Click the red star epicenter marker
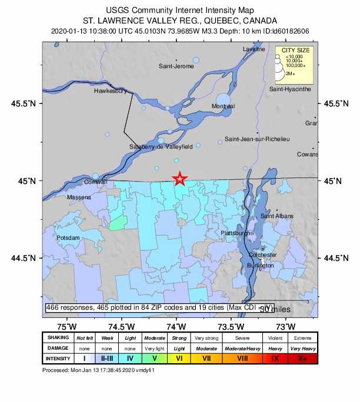[180, 179]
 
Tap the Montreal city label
[223, 106]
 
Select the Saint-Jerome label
[176, 66]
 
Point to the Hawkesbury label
[111, 92]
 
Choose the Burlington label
[261, 266]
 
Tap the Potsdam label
[67, 237]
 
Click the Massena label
[79, 197]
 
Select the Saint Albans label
[276, 216]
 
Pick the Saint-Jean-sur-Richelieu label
[257, 139]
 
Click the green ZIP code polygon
[118, 222]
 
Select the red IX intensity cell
[274, 358]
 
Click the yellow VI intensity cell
[179, 358]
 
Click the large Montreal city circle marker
[224, 100]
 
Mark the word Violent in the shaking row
[274, 338]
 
